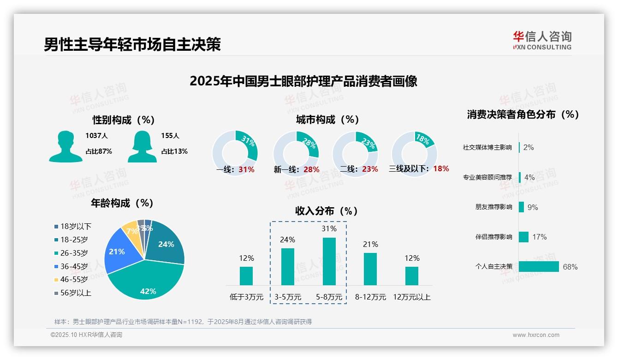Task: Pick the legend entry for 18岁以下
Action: (x=73, y=226)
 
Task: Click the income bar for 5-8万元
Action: (x=329, y=261)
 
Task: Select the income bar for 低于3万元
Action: (x=246, y=276)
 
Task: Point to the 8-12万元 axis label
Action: (x=370, y=297)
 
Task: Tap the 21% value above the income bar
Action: (x=370, y=244)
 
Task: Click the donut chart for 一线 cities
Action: (x=235, y=152)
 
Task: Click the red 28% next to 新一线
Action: (x=311, y=169)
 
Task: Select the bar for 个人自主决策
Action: (x=539, y=267)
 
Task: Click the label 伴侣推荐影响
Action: (x=493, y=237)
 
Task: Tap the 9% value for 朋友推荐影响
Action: (x=533, y=207)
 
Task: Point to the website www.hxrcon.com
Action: (x=536, y=335)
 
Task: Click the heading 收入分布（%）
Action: (x=327, y=211)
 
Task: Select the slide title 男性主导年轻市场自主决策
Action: (x=132, y=44)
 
